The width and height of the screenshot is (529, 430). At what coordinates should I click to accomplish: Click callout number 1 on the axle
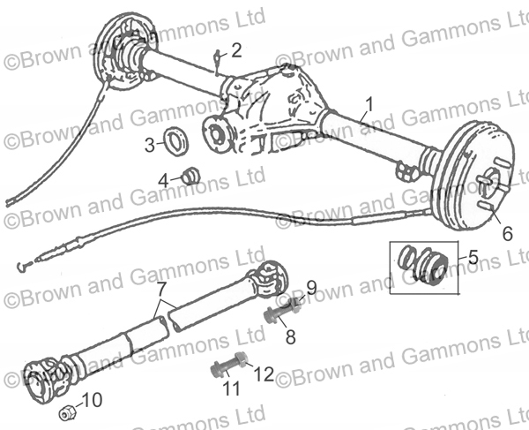tap(369, 104)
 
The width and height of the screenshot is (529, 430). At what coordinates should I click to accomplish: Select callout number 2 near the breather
tap(235, 49)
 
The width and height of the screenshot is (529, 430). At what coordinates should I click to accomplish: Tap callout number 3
tap(150, 144)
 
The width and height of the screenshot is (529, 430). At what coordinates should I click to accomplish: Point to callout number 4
tap(163, 179)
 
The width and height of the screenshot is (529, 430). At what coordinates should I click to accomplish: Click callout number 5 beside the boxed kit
tap(473, 257)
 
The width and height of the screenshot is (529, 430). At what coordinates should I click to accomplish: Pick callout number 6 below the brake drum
tap(507, 234)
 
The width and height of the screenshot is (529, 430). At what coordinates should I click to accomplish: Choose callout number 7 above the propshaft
tap(160, 288)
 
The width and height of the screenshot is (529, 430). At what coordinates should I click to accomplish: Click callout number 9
tap(310, 287)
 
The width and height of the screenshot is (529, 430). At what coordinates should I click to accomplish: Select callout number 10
tap(93, 399)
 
